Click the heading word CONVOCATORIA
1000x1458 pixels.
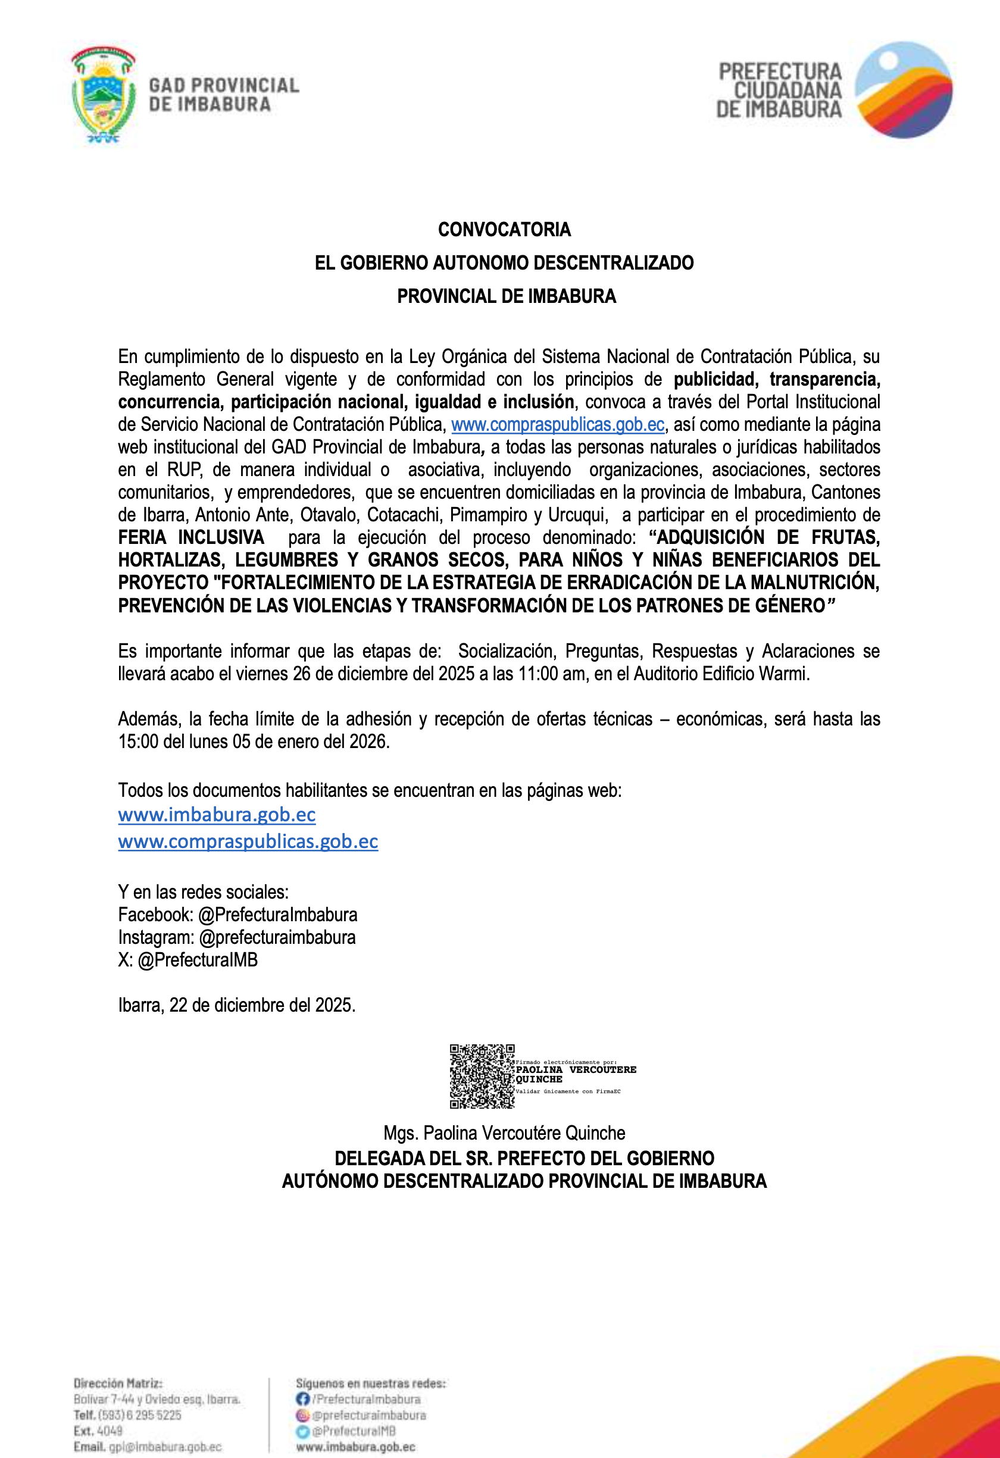[504, 230]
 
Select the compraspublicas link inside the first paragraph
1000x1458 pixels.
[557, 425]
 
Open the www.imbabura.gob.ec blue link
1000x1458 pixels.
[217, 814]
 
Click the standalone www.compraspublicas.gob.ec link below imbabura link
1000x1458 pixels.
[248, 841]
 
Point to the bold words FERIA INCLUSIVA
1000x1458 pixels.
[190, 537]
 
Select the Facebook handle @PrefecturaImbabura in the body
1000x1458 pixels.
[277, 915]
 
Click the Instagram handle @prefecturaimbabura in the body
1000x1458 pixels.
[277, 937]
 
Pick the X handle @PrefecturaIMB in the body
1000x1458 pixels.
[197, 960]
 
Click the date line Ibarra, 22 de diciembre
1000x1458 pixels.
[236, 1005]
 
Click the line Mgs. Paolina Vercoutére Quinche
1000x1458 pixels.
[504, 1133]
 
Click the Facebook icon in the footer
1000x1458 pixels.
[303, 1398]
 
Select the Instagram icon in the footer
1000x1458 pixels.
[303, 1415]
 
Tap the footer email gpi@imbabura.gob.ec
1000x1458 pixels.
[165, 1447]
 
